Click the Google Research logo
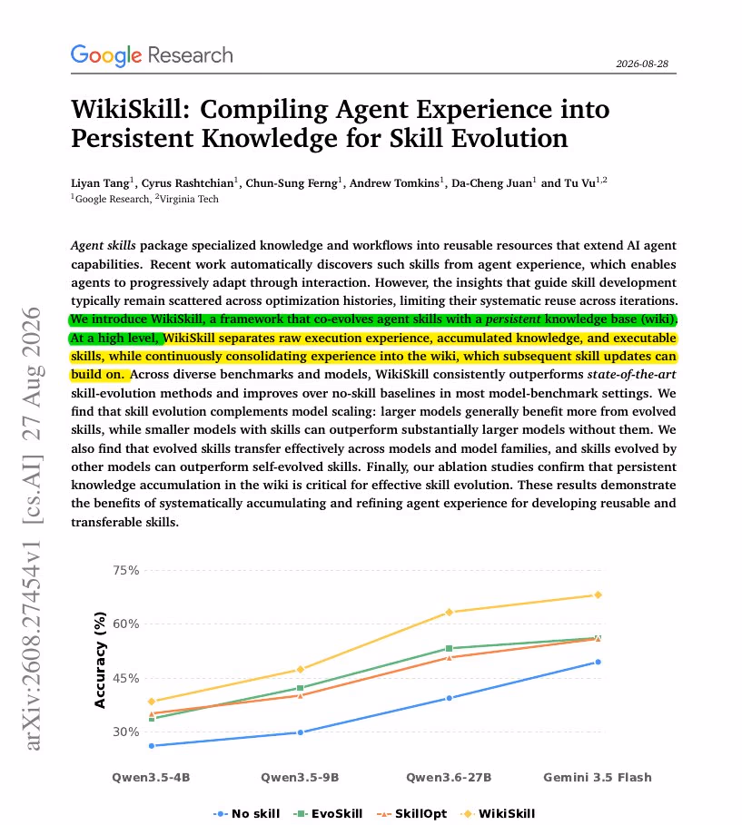[152, 55]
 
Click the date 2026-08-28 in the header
[642, 64]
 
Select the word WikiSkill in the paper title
[130, 110]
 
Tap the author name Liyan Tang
[100, 183]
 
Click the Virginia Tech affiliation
[189, 199]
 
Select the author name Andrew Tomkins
[394, 183]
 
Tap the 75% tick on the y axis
[126, 570]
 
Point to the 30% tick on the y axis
[126, 732]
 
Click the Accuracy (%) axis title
[100, 660]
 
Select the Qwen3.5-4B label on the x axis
[151, 778]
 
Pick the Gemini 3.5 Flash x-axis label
[598, 778]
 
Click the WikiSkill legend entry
[498, 814]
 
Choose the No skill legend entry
[246, 814]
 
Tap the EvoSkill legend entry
[328, 814]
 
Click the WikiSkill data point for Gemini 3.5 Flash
[598, 595]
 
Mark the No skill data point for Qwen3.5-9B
[301, 732]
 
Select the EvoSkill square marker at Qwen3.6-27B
[449, 649]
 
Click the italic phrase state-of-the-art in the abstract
[631, 375]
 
